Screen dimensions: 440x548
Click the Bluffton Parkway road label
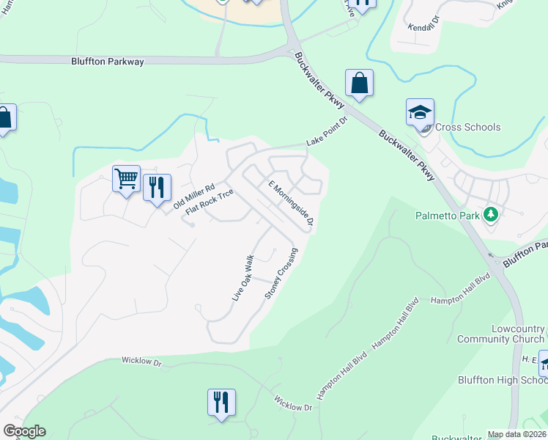(108, 62)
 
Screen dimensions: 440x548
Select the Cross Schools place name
(467, 127)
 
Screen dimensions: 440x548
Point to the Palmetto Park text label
(447, 216)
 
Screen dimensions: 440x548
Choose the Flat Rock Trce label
(210, 202)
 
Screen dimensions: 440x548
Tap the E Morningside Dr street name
(291, 203)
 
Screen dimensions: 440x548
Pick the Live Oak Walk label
(242, 278)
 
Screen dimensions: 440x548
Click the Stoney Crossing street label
(281, 274)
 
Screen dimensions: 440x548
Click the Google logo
(24, 431)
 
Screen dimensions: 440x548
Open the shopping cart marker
(126, 178)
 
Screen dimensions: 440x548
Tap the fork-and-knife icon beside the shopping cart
(157, 188)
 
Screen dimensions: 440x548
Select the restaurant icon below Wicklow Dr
(221, 403)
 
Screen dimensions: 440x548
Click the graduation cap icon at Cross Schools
(420, 113)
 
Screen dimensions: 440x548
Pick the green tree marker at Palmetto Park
(491, 215)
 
